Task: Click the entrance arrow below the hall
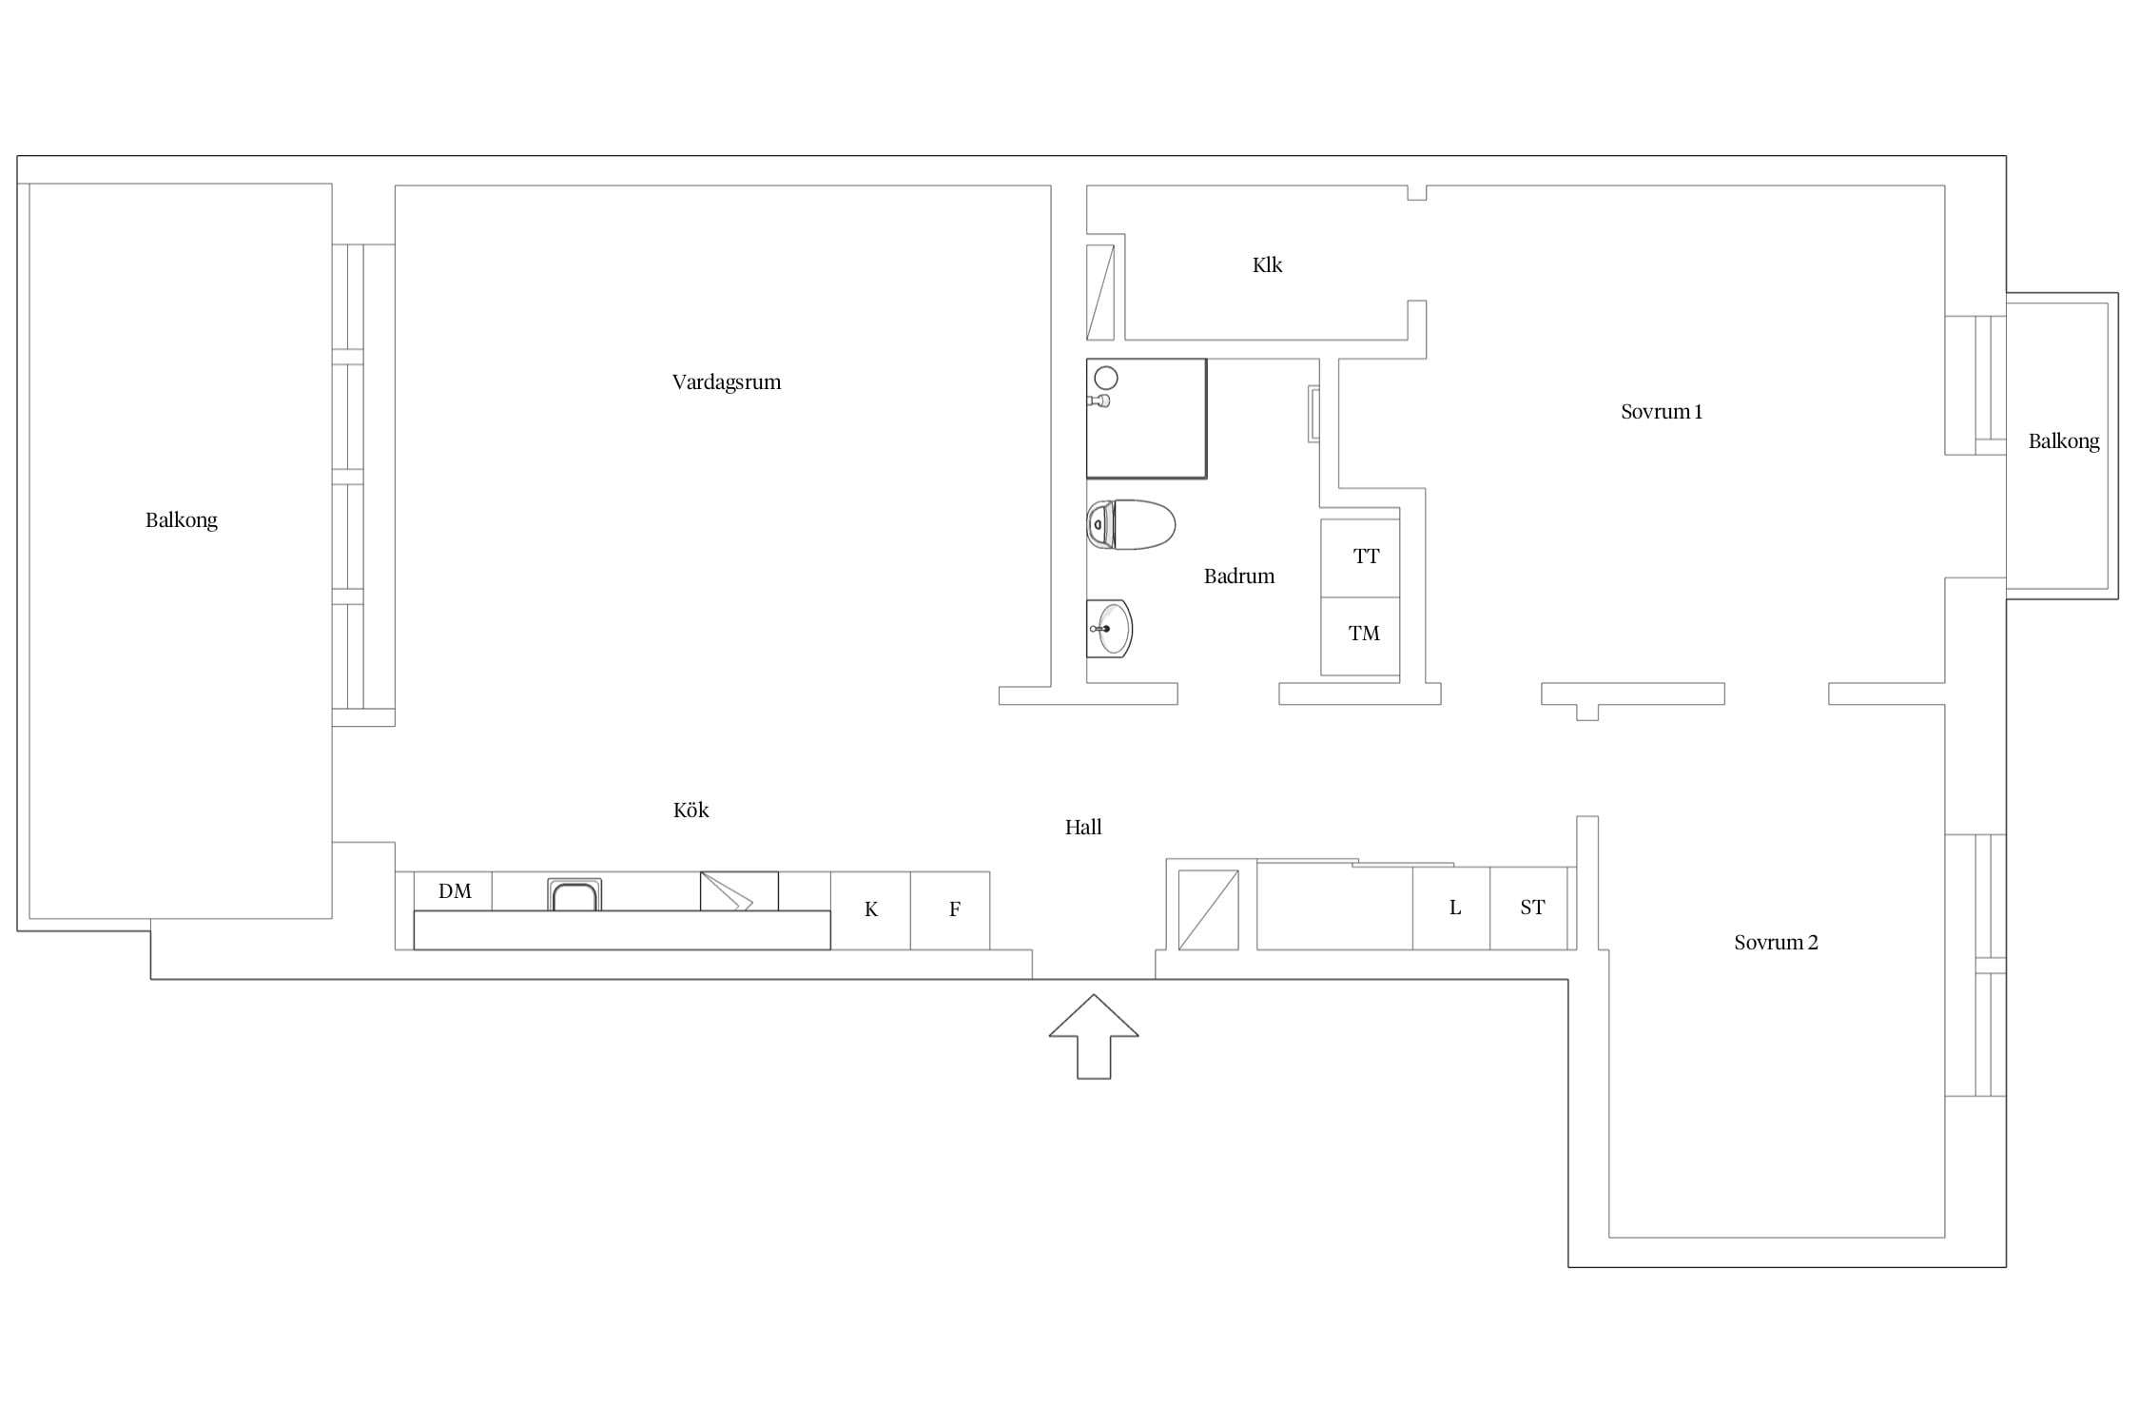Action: click(1094, 1037)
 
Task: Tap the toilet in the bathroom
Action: click(1131, 524)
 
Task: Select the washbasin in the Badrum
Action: click(1110, 629)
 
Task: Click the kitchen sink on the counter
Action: click(574, 895)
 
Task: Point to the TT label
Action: click(1366, 557)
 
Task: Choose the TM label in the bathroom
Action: click(1364, 634)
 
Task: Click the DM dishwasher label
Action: click(455, 891)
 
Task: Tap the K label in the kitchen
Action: click(871, 909)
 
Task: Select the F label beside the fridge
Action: click(955, 909)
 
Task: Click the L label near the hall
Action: click(1454, 908)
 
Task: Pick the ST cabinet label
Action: click(1532, 908)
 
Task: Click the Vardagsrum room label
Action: click(727, 382)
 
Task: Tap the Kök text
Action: click(691, 810)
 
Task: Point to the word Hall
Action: click(1083, 828)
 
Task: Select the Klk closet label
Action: click(1267, 265)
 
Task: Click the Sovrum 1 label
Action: click(1662, 412)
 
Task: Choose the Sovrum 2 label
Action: click(1776, 943)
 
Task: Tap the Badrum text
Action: click(1239, 577)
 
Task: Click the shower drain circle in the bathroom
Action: click(1105, 378)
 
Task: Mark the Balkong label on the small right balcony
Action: click(2064, 441)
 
